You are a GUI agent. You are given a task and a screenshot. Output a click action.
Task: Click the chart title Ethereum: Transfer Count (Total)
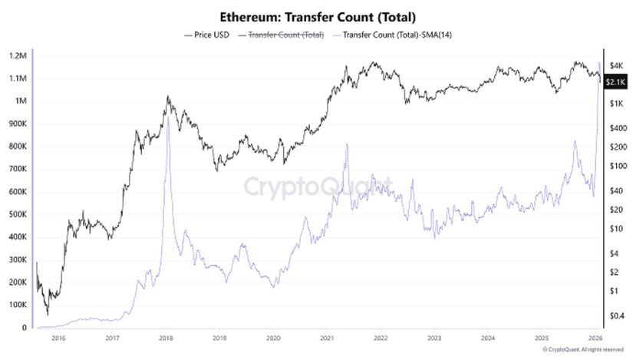coord(318,15)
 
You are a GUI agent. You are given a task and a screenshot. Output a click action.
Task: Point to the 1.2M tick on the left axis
coord(18,56)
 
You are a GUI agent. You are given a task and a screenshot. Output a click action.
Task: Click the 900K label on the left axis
coord(18,124)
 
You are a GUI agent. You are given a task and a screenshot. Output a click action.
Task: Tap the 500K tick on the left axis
coord(18,214)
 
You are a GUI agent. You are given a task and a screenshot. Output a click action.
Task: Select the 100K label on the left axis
coord(18,305)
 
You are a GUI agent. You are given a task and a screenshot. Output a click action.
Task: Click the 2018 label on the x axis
coord(166,337)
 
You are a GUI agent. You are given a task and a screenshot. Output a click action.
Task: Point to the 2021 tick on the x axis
coord(328,337)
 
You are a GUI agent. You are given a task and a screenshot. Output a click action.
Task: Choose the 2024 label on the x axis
coord(488,337)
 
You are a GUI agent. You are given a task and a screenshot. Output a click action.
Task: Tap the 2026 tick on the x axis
coord(595,337)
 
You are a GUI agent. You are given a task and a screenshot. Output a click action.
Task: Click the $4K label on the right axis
coord(615,64)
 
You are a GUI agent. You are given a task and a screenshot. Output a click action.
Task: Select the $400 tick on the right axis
coord(617,127)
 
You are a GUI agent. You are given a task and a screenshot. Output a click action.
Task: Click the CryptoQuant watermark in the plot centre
coord(318,187)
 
